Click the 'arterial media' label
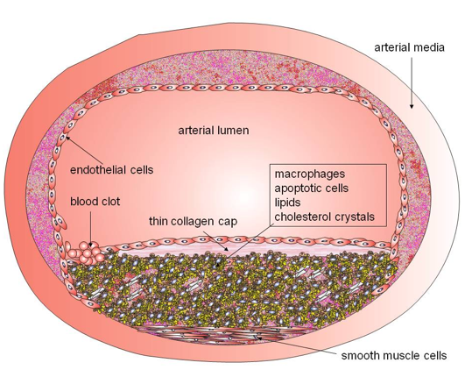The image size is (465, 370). click(x=409, y=47)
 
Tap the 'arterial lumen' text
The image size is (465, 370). click(x=214, y=131)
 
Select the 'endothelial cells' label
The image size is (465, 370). click(x=111, y=170)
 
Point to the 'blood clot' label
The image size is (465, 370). click(x=95, y=202)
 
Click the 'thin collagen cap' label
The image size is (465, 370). click(x=193, y=222)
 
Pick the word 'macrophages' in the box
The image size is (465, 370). click(x=310, y=174)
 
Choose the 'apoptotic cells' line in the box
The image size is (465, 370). click(x=312, y=189)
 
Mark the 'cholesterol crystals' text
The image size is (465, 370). click(x=324, y=217)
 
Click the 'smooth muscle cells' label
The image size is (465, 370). click(x=394, y=355)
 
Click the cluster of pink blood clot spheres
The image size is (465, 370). click(x=88, y=253)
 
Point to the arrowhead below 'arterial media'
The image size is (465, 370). click(x=412, y=106)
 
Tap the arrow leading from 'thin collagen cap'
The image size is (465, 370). click(x=216, y=240)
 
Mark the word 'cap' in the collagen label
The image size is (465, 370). click(x=228, y=222)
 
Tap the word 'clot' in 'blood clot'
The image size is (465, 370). click(x=110, y=202)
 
